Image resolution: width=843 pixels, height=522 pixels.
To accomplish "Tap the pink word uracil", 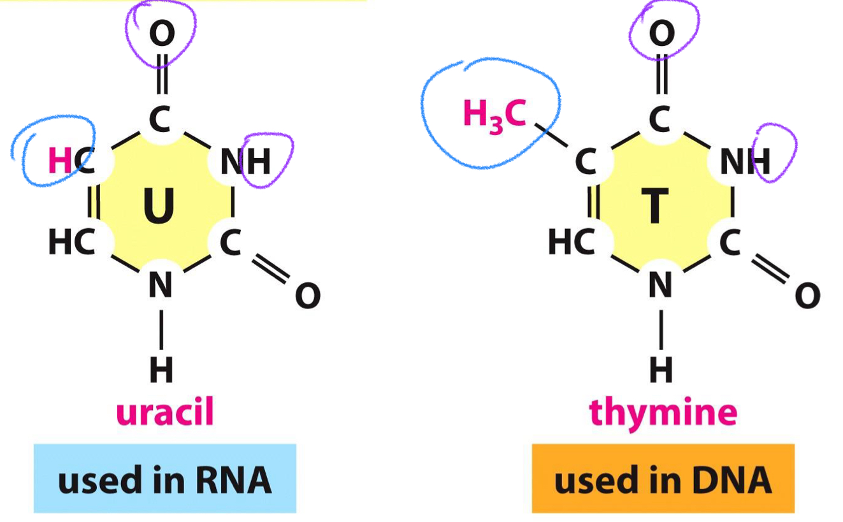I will (x=164, y=413).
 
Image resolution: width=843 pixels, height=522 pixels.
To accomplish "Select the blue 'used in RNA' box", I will (x=164, y=479).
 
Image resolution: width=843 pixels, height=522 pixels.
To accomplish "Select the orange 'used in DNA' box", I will (x=663, y=479).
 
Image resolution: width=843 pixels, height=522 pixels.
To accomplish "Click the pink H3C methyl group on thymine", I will (x=494, y=115).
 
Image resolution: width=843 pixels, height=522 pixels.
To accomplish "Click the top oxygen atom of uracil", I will (x=162, y=33).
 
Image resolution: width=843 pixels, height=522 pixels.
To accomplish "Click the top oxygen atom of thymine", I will (x=661, y=33).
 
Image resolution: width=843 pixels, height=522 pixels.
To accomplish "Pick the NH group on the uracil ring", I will (x=245, y=162).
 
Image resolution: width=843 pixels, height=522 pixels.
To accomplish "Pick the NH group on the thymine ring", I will (x=745, y=162).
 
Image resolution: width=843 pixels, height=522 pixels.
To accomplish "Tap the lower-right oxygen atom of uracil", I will (x=308, y=296).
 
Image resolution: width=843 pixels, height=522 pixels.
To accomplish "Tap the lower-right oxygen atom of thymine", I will (x=807, y=296).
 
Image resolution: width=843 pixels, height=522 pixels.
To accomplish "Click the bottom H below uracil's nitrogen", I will (x=161, y=369).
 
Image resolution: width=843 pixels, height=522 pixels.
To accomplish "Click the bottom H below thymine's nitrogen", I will (x=661, y=369).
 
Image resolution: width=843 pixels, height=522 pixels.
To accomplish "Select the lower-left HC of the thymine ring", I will (x=572, y=243).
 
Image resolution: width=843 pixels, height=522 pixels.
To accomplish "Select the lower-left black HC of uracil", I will (x=71, y=243).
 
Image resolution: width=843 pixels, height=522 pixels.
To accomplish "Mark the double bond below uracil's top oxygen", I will (x=162, y=75).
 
